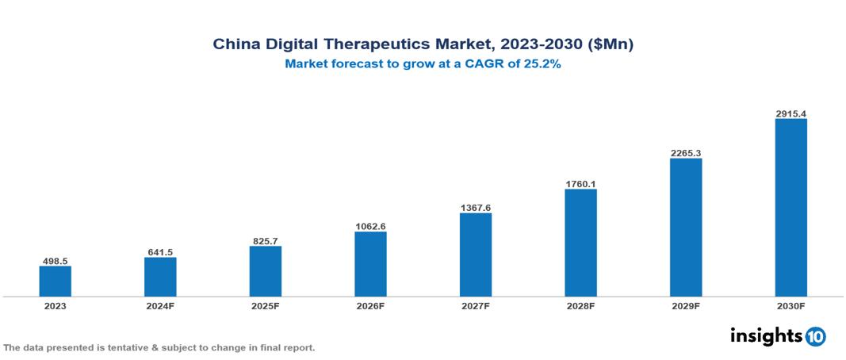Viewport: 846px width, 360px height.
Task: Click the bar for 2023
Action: [x=56, y=281]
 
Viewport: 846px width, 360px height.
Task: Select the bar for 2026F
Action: [x=370, y=264]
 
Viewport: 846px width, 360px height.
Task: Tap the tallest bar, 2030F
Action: [x=790, y=208]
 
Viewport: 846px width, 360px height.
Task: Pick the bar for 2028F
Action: [x=580, y=243]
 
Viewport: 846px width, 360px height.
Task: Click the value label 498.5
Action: [x=56, y=260]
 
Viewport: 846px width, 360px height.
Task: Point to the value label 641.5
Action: [x=160, y=252]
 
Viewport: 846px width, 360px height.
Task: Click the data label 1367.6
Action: [x=476, y=208]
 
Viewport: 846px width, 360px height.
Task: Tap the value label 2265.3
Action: [x=686, y=153]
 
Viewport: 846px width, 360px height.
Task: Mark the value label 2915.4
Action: [x=790, y=114]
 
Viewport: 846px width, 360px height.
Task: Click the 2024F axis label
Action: [x=160, y=306]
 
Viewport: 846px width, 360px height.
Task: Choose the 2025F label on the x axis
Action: [x=266, y=306]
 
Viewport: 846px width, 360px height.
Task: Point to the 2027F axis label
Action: [x=476, y=306]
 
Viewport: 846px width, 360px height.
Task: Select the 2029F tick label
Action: [x=686, y=306]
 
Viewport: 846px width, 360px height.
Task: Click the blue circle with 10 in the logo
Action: [x=815, y=337]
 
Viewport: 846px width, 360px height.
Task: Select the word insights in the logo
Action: [x=765, y=335]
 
